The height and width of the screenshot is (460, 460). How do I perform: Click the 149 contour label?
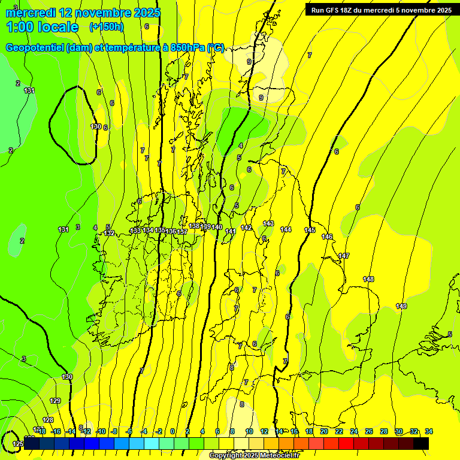(x=401, y=306)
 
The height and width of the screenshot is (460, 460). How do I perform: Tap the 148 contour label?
(x=368, y=279)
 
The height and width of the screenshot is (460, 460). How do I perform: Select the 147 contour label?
(x=344, y=256)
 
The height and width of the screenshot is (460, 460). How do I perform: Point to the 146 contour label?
(x=327, y=237)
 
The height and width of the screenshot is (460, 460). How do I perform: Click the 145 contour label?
(x=310, y=230)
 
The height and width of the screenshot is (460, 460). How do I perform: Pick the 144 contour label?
(x=286, y=229)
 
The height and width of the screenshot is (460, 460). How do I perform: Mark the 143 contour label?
(x=268, y=223)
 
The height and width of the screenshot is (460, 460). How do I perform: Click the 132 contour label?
(x=109, y=233)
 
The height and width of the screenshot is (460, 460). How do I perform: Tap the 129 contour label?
(x=55, y=401)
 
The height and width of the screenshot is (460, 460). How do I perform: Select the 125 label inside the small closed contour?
(x=18, y=444)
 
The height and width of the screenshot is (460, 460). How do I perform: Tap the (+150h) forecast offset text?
(x=107, y=26)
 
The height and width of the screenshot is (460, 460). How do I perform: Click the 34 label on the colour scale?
(x=429, y=432)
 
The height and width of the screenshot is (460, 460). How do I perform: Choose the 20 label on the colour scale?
(x=324, y=432)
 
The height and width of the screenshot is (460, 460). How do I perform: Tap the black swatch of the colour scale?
(x=421, y=443)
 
